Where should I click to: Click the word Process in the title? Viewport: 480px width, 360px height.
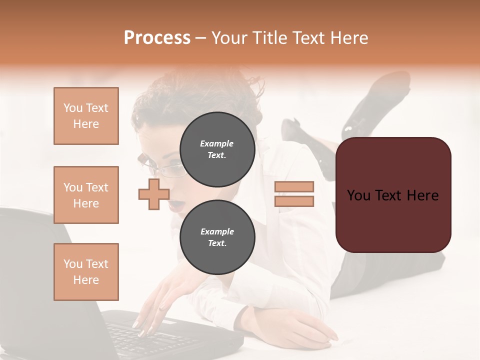click(x=157, y=38)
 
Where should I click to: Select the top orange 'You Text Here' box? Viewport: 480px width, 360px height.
click(x=86, y=116)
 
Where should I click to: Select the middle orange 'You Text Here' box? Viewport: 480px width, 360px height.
click(x=86, y=195)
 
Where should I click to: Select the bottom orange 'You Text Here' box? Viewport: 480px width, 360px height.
click(x=86, y=271)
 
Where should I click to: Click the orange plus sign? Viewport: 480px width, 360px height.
click(x=154, y=194)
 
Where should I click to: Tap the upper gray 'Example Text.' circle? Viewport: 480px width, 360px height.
click(x=217, y=149)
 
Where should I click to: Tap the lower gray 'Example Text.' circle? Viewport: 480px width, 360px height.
click(x=217, y=237)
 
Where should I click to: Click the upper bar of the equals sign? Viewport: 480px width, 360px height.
click(x=294, y=186)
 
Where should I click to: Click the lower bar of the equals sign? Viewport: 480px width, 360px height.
click(x=294, y=201)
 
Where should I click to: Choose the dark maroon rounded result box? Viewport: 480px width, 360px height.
click(x=393, y=195)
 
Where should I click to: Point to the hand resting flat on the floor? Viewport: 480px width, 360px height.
click(x=295, y=327)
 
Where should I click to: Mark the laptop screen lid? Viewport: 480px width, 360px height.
click(x=30, y=270)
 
